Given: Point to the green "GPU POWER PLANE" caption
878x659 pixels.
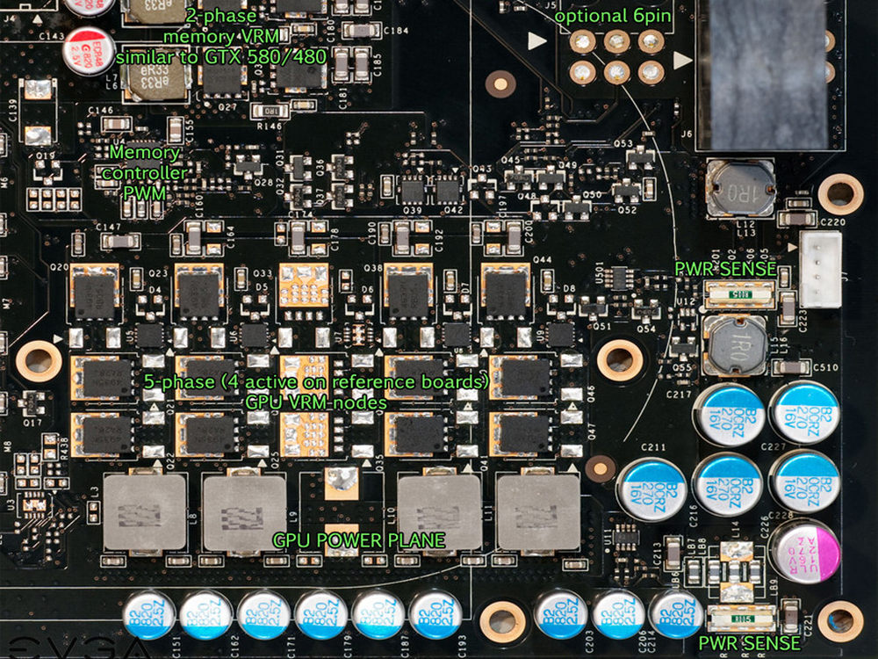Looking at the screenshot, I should [358, 540].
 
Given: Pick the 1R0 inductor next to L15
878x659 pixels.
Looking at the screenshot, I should [737, 346].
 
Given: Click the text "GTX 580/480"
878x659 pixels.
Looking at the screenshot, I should [273, 56].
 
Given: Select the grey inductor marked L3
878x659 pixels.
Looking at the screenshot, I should [144, 512].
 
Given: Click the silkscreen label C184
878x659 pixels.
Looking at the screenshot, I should [397, 31].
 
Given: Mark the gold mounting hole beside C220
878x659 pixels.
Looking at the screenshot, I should [840, 194].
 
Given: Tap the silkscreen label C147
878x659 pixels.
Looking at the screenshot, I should [107, 227].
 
